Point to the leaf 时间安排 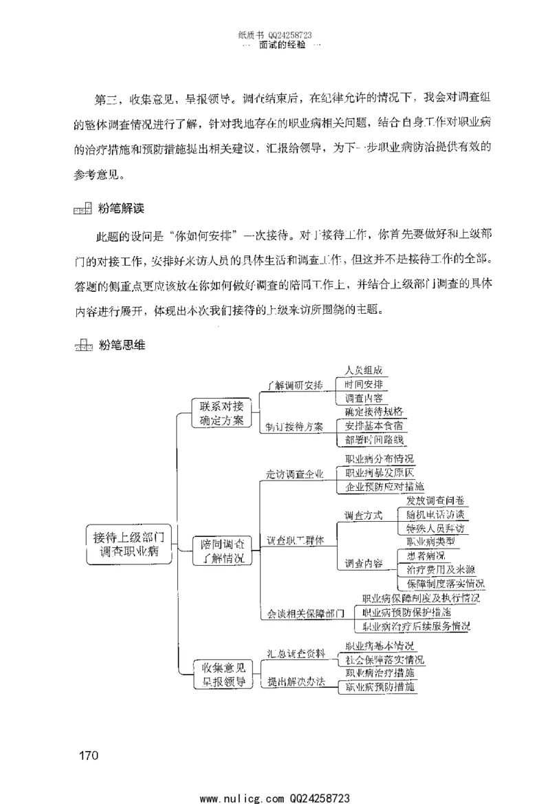click(364, 384)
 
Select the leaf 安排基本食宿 click(374, 425)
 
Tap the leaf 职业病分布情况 click(379, 458)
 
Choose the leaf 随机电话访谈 click(435, 515)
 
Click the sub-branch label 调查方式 click(363, 516)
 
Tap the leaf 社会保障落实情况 click(384, 659)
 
